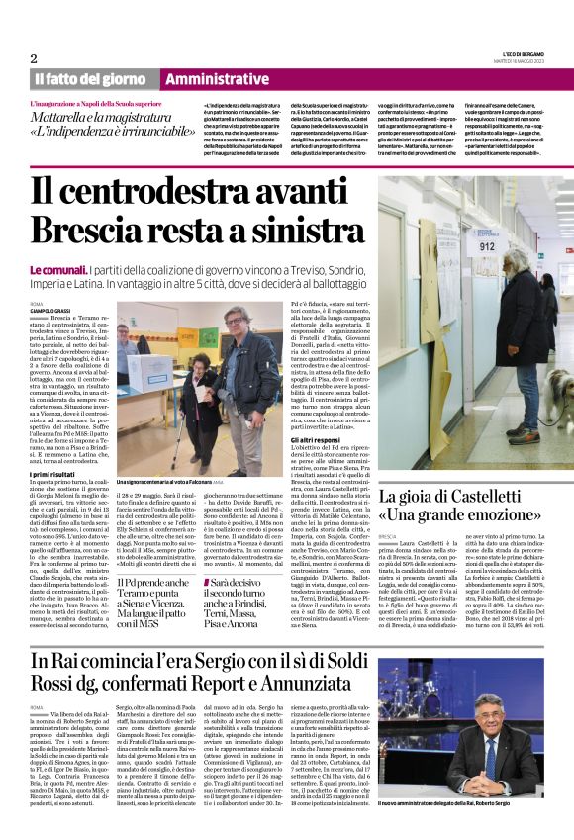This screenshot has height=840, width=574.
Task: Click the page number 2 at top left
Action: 34,58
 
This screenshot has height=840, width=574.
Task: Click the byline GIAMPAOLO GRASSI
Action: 53,312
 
